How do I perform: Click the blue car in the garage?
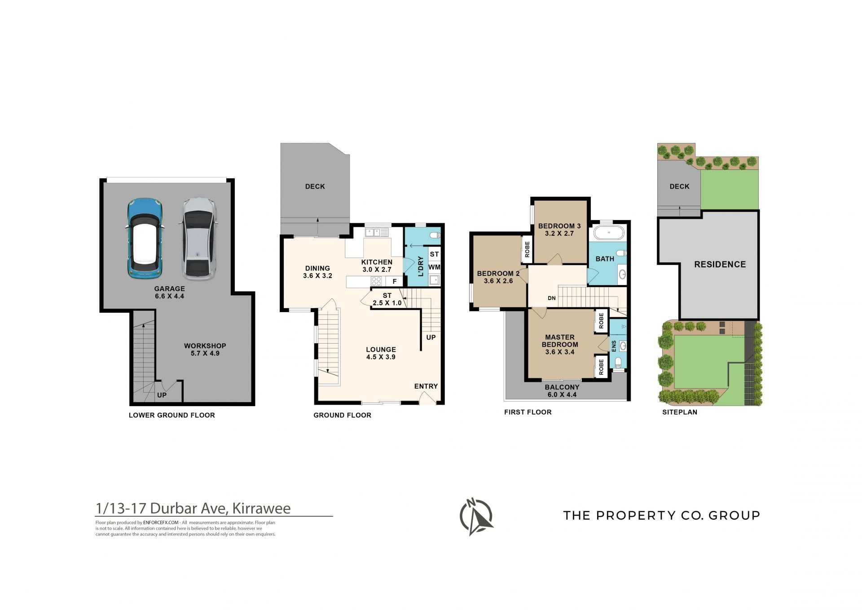(145, 238)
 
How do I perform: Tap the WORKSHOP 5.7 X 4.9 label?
(205, 349)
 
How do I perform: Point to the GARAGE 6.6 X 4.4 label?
(170, 292)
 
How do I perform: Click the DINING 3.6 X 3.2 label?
(317, 272)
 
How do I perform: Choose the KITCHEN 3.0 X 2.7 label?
(377, 266)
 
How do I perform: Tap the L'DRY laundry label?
(421, 266)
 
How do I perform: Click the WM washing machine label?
(434, 267)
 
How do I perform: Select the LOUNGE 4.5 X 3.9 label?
(381, 353)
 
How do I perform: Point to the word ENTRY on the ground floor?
(426, 386)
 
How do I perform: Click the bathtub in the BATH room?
(609, 233)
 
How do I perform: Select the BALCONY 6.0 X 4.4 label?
(562, 391)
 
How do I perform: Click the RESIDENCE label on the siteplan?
(720, 265)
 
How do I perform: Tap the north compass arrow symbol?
(476, 517)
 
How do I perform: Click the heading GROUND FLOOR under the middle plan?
(343, 416)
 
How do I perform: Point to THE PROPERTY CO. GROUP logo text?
(662, 515)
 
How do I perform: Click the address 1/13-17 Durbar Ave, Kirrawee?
(193, 508)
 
